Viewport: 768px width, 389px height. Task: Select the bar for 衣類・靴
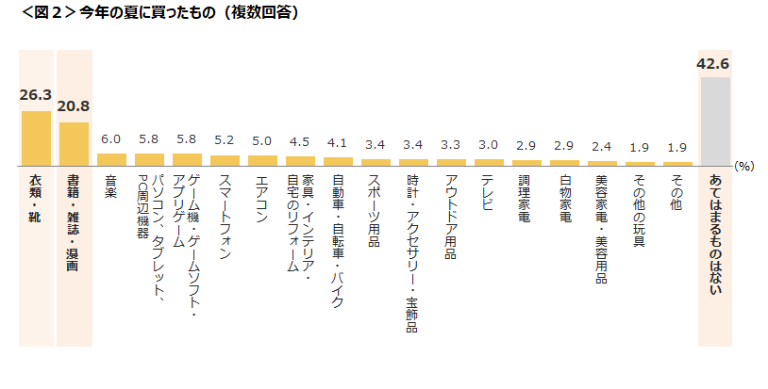[36, 138]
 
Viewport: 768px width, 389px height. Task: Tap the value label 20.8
[74, 106]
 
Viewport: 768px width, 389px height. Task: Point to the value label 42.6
[713, 64]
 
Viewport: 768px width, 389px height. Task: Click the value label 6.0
[111, 139]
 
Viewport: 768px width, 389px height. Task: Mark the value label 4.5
[300, 142]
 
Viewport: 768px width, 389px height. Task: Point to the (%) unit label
[744, 166]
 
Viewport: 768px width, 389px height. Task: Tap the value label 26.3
[36, 95]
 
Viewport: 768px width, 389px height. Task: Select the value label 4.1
[338, 143]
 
